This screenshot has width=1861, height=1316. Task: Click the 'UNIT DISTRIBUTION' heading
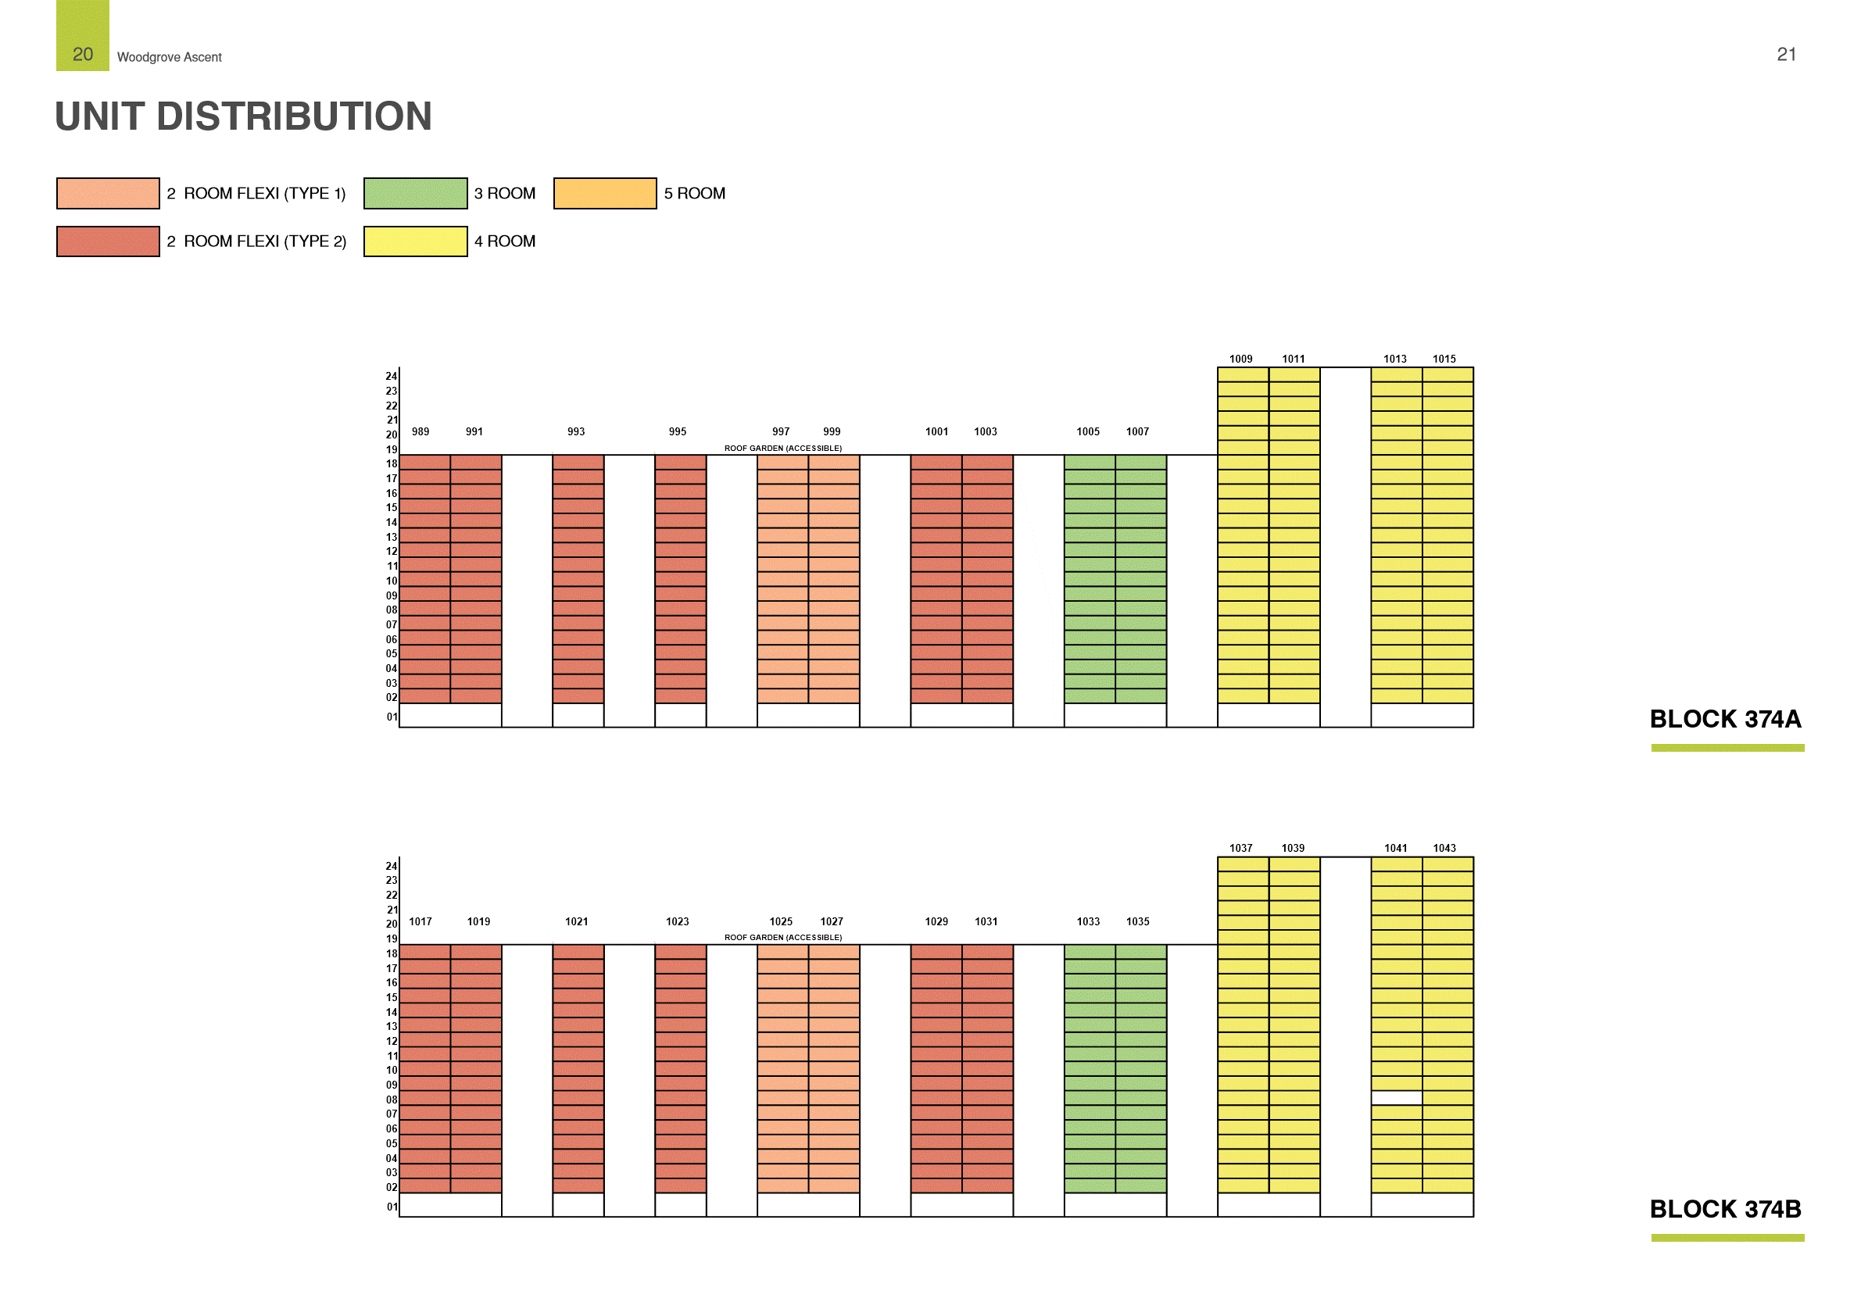point(243,116)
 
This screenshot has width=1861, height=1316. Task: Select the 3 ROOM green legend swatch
point(415,194)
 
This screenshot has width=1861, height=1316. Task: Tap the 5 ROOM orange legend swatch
point(605,194)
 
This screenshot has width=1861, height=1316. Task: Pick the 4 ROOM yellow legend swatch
point(415,241)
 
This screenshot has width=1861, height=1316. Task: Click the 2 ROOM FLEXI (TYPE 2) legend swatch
point(108,241)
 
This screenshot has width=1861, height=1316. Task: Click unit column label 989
point(421,432)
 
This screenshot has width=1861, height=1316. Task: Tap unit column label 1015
point(1444,359)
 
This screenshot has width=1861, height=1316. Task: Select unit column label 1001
point(936,432)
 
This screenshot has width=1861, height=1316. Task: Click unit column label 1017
point(421,921)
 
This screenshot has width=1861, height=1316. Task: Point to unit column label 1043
point(1444,849)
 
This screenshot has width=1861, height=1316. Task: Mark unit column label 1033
point(1088,921)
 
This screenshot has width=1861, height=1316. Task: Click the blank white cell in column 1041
point(1396,1098)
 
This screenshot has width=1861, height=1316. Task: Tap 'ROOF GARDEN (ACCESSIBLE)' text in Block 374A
point(783,448)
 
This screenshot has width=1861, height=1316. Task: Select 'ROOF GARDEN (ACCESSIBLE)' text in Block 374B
point(783,938)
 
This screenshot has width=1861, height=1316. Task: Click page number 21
point(1786,54)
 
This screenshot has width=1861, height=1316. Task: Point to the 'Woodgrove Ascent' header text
point(170,58)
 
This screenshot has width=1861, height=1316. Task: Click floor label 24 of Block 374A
point(392,376)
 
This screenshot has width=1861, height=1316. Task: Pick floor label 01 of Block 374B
point(392,1207)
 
